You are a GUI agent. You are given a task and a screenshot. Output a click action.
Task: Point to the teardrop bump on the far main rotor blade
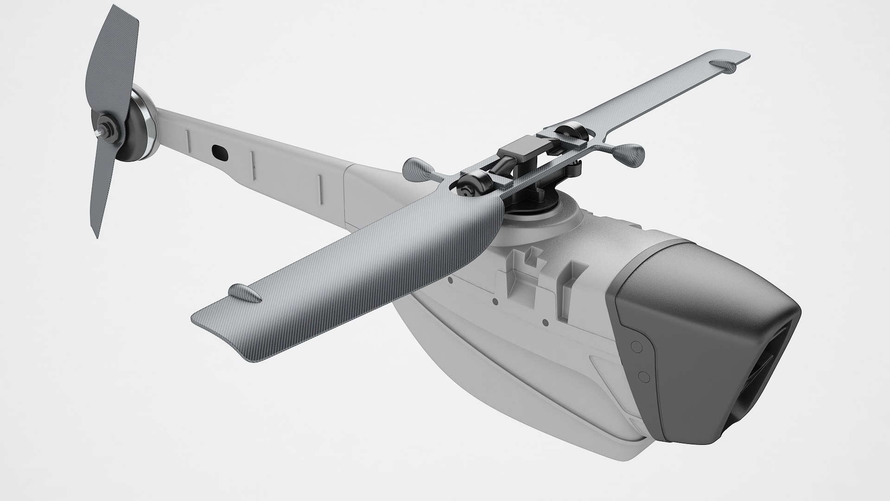[x=723, y=66]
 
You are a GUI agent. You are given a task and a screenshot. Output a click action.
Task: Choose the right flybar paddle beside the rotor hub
[x=630, y=151]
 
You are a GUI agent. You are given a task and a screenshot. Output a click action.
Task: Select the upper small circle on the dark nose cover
[x=636, y=346]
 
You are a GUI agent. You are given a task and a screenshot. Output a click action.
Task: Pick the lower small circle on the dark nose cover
[x=642, y=375]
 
